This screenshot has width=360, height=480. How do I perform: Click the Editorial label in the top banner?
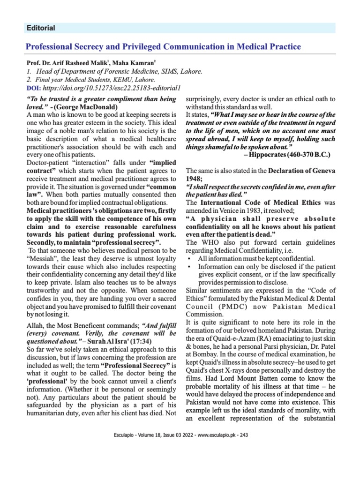(x=41, y=28)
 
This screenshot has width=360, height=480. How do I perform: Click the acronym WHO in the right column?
(x=210, y=243)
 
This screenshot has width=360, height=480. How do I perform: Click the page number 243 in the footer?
(x=243, y=435)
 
